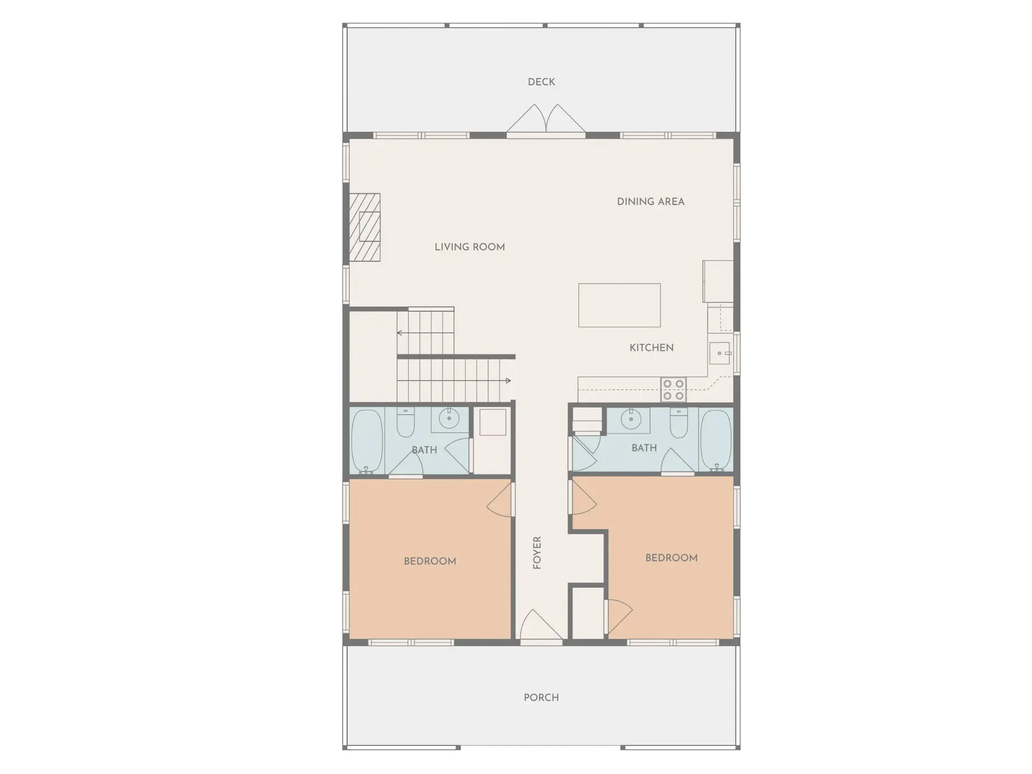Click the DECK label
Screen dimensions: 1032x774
click(x=541, y=82)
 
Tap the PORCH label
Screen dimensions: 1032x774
click(x=541, y=698)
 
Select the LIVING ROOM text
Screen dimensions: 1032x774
click(x=470, y=247)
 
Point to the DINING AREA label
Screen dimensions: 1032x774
click(x=651, y=202)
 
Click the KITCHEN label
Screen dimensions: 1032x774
click(x=651, y=347)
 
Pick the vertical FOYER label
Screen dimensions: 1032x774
click(x=537, y=553)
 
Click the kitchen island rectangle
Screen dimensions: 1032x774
click(x=619, y=305)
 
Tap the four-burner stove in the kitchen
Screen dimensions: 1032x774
click(x=673, y=389)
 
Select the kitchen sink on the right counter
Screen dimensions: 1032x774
click(x=720, y=353)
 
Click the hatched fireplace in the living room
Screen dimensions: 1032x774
click(x=365, y=227)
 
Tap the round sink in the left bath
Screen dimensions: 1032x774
click(x=449, y=420)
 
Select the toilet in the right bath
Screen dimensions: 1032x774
click(x=679, y=423)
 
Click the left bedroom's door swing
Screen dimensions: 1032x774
click(x=499, y=500)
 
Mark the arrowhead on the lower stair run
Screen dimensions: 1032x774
click(x=508, y=380)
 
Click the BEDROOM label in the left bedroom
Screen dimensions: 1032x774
click(x=430, y=561)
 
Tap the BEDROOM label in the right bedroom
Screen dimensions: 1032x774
click(x=671, y=558)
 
